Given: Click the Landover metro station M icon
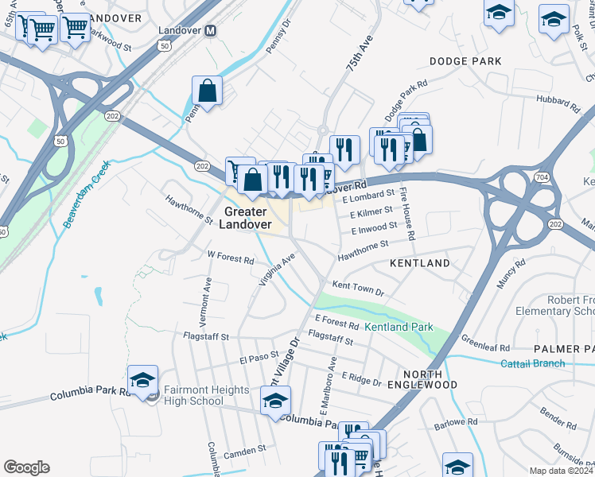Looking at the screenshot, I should tap(211, 30).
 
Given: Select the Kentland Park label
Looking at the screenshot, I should tap(399, 327).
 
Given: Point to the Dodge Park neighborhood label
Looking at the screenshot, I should tap(465, 61).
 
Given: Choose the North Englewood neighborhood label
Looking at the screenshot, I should tap(430, 378).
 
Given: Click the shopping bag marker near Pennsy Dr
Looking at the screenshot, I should tap(208, 91).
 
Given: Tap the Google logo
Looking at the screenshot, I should tap(26, 467).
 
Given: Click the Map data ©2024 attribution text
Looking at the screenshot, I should tap(562, 471).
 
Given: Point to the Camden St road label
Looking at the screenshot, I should tap(245, 451).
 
